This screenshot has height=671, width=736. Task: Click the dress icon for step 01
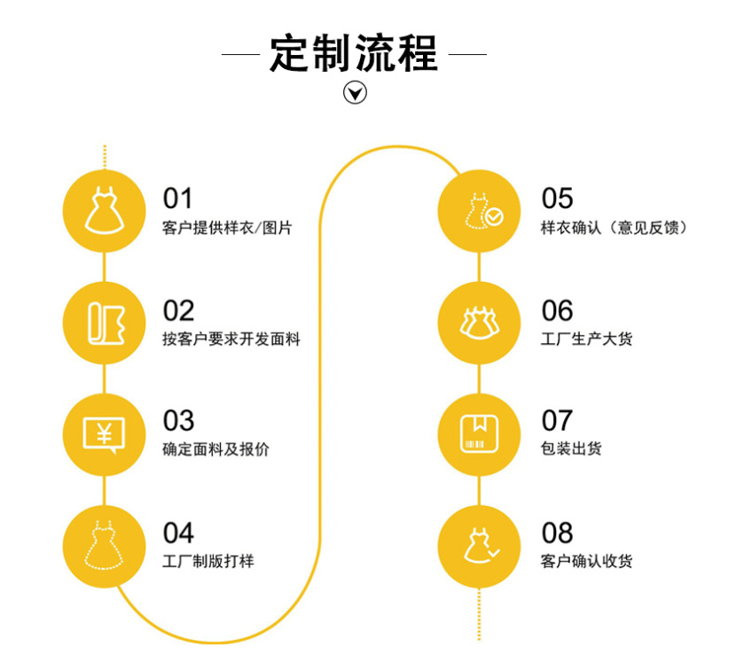(x=104, y=211)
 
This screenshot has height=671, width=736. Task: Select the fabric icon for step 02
(x=104, y=323)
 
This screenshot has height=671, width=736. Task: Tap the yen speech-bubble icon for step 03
(x=104, y=434)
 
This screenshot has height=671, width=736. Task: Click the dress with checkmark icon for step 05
(x=481, y=211)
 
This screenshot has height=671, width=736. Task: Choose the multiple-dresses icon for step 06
(x=481, y=323)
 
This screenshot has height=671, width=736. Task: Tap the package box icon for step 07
(x=481, y=434)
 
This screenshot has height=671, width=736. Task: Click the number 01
(x=177, y=199)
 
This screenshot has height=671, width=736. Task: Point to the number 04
(x=178, y=533)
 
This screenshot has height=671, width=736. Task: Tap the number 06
(x=558, y=310)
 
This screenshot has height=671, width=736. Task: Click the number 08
(x=558, y=533)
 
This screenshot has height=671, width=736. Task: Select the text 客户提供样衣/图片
(x=227, y=228)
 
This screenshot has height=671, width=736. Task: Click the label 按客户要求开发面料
(x=231, y=339)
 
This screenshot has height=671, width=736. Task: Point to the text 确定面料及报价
(x=216, y=450)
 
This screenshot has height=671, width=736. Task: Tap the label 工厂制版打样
(x=208, y=561)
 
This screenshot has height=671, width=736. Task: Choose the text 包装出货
(x=571, y=449)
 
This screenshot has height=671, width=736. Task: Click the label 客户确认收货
(x=586, y=561)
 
